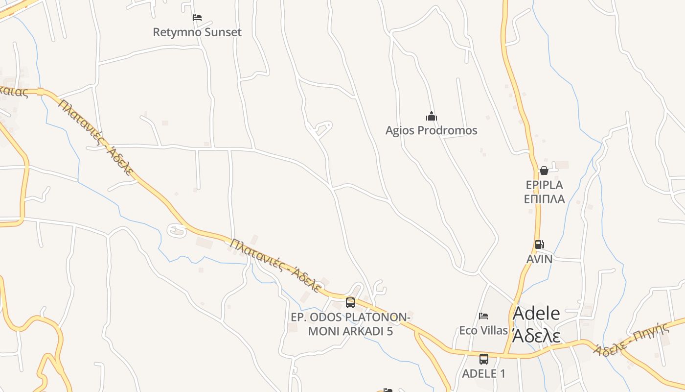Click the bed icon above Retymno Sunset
197,18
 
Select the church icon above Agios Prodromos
431,117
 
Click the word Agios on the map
398,130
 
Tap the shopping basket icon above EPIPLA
544,171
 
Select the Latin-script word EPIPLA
544,185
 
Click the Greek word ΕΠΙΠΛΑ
544,199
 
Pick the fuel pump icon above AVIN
539,245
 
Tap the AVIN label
539,259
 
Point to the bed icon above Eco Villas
483,316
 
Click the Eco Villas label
483,330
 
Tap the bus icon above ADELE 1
483,359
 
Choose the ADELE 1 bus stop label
483,373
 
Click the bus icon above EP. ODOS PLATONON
350,303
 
